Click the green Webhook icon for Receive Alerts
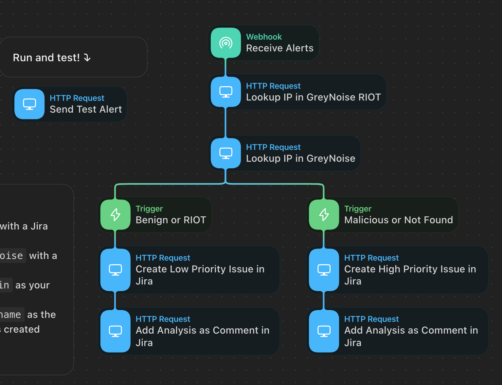[226, 43]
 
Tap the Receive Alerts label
[279, 48]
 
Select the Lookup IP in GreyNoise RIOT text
[313, 98]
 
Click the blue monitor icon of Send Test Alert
[29, 104]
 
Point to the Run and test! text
[46, 58]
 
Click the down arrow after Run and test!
[87, 58]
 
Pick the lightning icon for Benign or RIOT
[115, 215]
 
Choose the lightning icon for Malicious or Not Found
[324, 215]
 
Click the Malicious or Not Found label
[398, 220]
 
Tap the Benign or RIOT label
[170, 220]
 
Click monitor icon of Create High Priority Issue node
[324, 270]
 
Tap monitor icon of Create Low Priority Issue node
[115, 270]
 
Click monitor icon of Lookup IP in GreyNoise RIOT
[226, 92]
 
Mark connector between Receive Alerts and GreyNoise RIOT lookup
[225, 67]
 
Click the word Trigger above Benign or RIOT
[149, 209]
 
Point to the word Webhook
[264, 37]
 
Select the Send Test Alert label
[86, 110]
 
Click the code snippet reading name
[11, 315]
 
